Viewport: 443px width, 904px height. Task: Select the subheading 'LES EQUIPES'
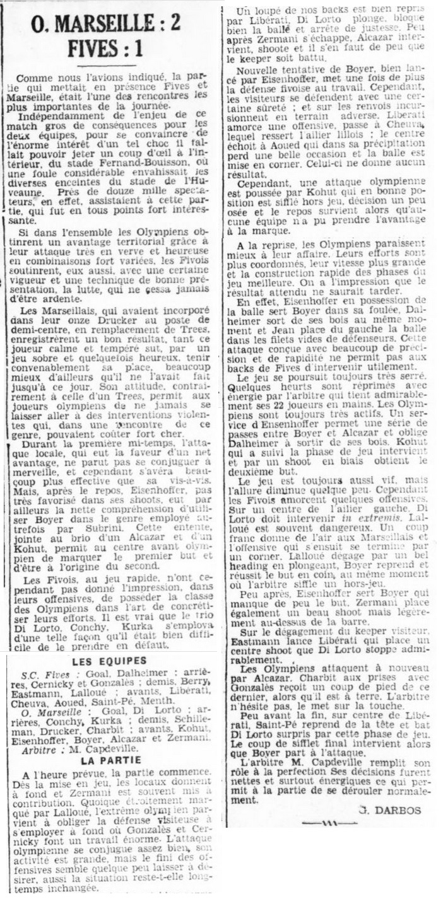tap(109, 661)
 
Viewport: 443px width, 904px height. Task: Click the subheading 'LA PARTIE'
tap(109, 760)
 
